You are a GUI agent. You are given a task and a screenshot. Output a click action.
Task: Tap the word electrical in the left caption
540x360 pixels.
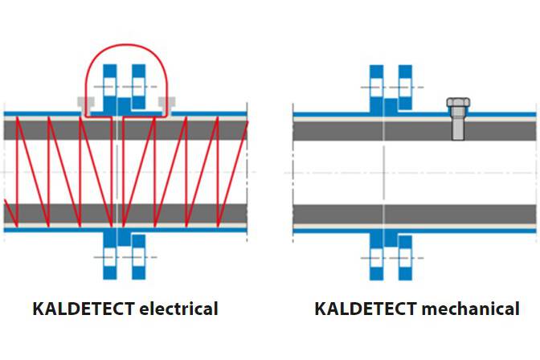[178, 309]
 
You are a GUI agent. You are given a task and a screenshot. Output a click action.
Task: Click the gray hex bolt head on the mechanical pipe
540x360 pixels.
[456, 104]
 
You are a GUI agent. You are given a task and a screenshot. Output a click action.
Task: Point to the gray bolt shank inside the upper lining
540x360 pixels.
[456, 127]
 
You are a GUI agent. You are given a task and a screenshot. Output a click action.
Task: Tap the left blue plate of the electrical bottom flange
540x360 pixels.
[110, 256]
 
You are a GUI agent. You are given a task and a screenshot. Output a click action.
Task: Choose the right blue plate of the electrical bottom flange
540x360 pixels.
[138, 256]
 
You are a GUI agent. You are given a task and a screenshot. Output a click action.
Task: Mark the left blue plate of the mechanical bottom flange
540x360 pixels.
[375, 256]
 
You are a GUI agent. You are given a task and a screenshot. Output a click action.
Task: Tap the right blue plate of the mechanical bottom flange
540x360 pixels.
[403, 256]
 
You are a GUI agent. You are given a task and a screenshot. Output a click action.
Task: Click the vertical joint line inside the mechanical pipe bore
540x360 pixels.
[385, 173]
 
